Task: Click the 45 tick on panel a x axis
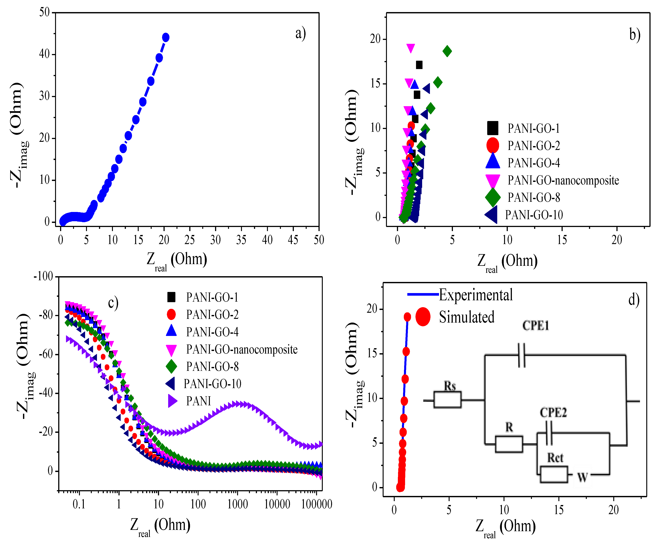pos(293,240)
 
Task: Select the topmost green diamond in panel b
pos(447,51)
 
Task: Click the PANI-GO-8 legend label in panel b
pos(534,198)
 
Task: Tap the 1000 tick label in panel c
pos(237,504)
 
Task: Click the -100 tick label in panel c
pos(44,276)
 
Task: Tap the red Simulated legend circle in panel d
pos(423,317)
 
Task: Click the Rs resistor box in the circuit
pos(447,400)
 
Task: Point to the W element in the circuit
pos(582,477)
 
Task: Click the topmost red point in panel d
pos(407,317)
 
